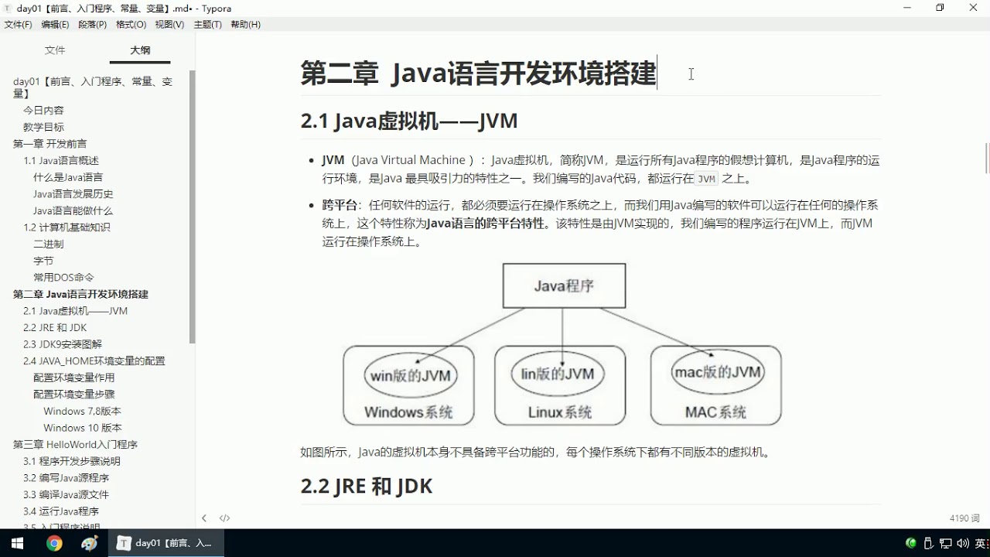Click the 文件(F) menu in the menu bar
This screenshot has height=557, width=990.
coord(19,24)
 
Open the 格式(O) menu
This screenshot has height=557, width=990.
coord(131,24)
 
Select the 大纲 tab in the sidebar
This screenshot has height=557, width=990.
coord(140,50)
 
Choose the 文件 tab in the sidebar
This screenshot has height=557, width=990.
coord(55,50)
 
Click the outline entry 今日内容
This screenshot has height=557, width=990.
coord(43,111)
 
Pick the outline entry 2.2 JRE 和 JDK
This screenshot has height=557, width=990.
coord(55,327)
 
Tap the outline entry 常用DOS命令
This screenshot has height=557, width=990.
coord(63,277)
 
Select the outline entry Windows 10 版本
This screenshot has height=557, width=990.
coord(83,428)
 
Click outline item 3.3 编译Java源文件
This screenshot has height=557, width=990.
coord(66,494)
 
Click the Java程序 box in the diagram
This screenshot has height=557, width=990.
coord(564,285)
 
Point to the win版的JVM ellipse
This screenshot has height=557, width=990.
coord(410,376)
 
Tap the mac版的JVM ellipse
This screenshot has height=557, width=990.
coord(718,372)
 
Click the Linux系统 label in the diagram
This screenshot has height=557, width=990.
coord(560,412)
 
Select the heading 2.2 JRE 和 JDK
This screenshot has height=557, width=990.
coord(367,486)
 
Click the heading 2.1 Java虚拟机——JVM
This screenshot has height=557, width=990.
coord(409,121)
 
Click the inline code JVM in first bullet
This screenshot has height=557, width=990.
coord(707,179)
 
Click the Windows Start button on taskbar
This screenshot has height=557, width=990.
coord(16,543)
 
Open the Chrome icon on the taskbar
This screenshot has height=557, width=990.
coord(54,543)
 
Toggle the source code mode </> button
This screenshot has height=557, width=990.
coord(224,518)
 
